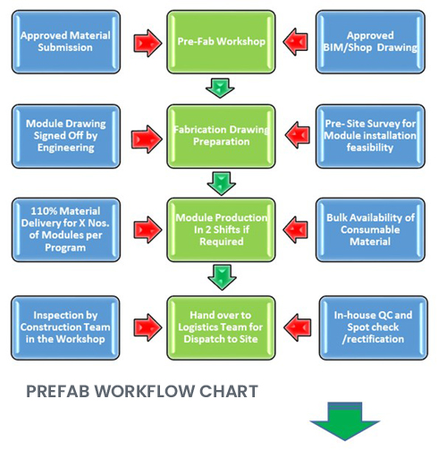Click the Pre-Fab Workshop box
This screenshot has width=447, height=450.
221,42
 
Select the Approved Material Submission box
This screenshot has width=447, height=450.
66,42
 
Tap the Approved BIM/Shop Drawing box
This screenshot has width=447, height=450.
370,42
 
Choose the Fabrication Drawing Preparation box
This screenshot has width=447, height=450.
221,136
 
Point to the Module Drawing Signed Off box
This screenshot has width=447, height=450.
66,136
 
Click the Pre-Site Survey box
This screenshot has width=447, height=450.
370,136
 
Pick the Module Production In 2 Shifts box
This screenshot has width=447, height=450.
221,230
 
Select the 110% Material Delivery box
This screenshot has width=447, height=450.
66,230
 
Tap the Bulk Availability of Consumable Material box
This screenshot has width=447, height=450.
370,230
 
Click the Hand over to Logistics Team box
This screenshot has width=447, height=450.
221,327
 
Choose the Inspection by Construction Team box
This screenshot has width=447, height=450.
65,327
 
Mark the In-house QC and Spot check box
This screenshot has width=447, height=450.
374,327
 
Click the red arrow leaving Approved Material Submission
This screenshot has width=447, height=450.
148,43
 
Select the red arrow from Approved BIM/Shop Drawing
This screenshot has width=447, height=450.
295,42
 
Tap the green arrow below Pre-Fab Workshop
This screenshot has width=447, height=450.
220,88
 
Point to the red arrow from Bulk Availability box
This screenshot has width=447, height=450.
295,230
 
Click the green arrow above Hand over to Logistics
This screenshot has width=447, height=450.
222,277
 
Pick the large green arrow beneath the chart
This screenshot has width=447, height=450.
345,421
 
